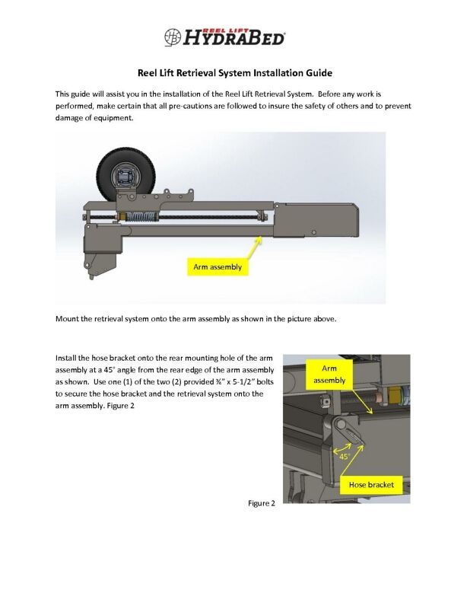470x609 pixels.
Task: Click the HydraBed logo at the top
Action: point(225,36)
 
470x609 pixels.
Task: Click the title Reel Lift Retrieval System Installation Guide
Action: point(234,74)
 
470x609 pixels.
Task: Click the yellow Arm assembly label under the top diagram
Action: point(217,267)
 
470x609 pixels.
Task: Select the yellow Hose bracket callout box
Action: point(370,484)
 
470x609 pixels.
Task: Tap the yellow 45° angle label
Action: point(344,456)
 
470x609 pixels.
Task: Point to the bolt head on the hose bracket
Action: point(341,423)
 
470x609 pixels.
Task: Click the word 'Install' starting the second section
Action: point(67,357)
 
